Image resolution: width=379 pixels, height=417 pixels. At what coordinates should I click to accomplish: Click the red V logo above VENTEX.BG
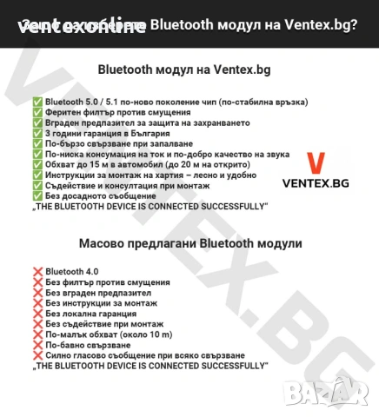(318, 162)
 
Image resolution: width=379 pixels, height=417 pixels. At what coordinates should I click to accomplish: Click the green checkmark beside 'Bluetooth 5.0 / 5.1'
(37, 103)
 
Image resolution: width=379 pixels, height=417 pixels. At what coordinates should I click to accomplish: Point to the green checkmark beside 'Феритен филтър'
(37, 113)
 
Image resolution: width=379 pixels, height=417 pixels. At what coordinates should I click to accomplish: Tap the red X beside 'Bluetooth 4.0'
(37, 272)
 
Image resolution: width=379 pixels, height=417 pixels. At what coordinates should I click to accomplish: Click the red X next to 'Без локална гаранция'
(37, 314)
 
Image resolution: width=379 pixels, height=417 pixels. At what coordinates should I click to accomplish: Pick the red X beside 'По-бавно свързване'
(37, 345)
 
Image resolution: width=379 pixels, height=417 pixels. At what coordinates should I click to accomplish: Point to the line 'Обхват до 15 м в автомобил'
(143, 165)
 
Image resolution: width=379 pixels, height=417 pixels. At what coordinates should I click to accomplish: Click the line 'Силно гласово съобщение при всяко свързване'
(144, 355)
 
